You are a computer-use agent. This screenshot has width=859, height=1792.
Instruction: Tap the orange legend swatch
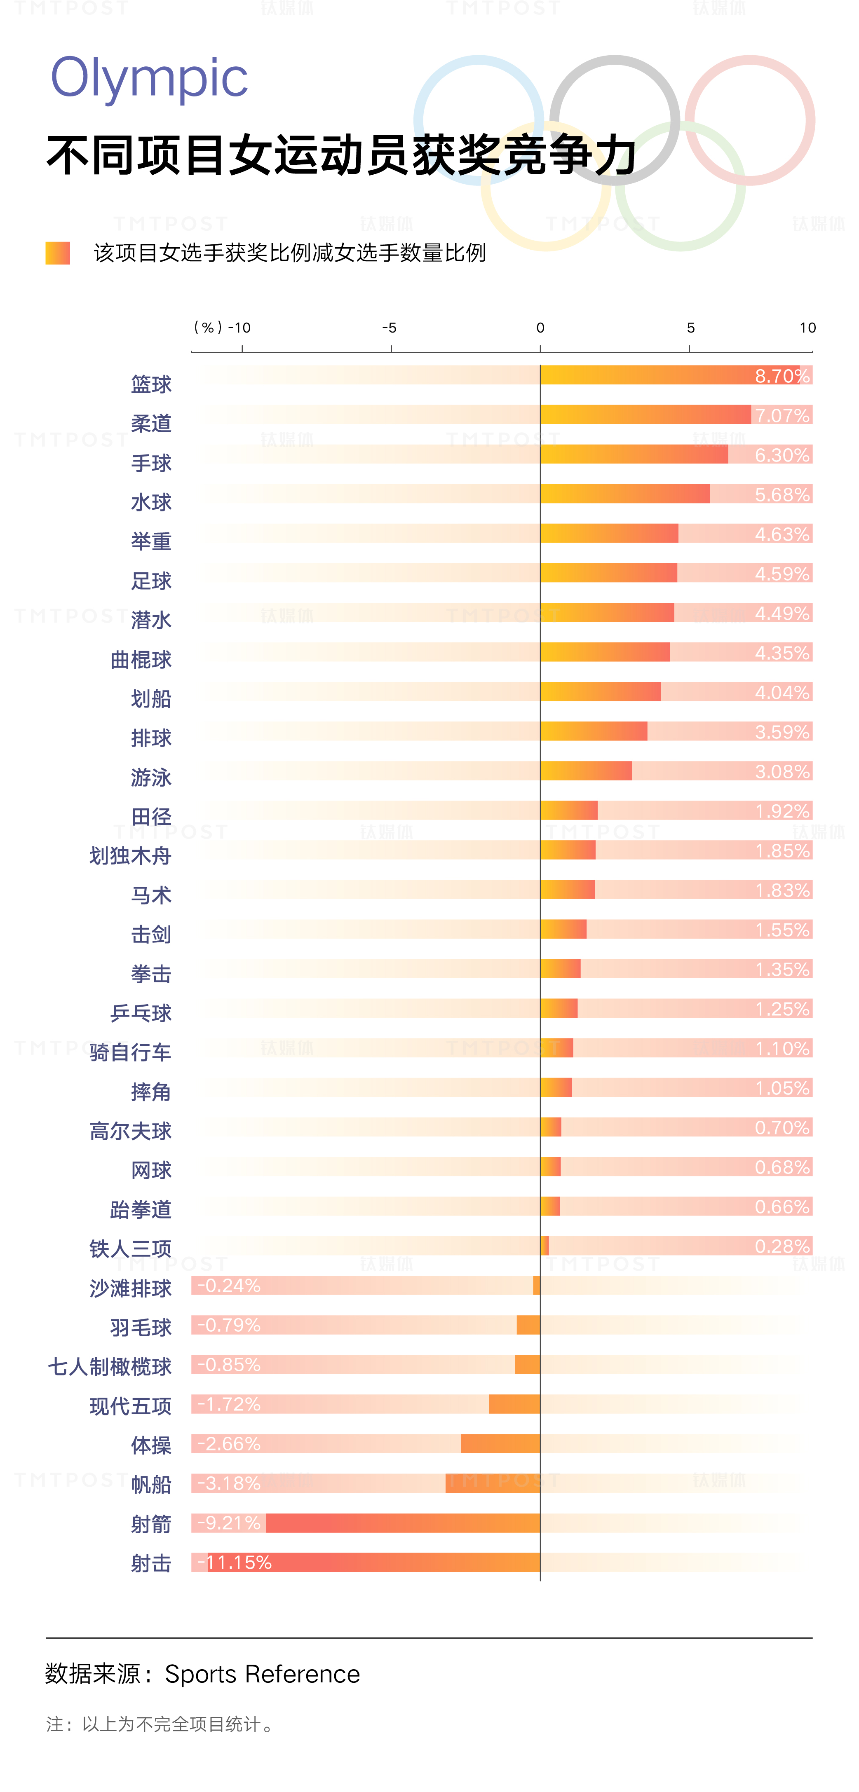click(58, 253)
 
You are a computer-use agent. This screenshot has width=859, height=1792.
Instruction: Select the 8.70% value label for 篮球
click(782, 376)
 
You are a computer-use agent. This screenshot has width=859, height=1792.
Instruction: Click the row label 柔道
click(151, 423)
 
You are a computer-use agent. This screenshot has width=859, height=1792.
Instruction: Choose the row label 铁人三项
click(130, 1249)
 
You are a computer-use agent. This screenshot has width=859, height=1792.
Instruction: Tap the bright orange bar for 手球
click(634, 454)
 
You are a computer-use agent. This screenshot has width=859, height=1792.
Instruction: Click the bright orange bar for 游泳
click(586, 771)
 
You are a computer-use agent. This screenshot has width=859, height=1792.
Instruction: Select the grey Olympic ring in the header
click(615, 70)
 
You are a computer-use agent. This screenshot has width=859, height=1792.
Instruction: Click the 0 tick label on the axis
click(540, 328)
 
